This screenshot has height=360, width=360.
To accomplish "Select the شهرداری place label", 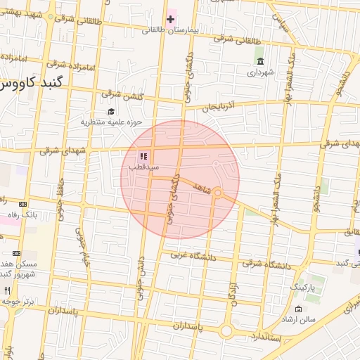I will (259, 72).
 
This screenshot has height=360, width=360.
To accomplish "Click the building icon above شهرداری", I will (259, 61).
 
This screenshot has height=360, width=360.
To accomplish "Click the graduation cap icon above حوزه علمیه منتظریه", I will (110, 111).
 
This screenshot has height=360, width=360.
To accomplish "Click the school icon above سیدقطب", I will (143, 156).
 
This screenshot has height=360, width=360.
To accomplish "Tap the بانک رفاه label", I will (20, 214).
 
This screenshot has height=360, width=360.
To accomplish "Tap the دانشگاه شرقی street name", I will (265, 263).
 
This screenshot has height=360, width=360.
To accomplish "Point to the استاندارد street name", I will (264, 340).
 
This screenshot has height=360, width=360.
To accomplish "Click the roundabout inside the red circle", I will (218, 193).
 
